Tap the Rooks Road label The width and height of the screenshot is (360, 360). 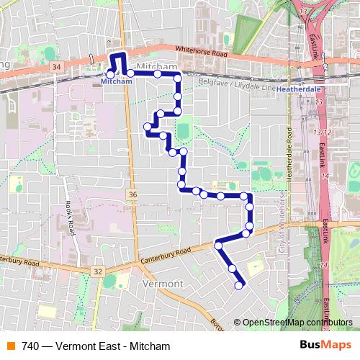(71, 217)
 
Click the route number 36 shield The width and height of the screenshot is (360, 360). (132, 194)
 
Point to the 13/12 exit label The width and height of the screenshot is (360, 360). (322, 132)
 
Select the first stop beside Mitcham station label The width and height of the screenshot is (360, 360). (110, 73)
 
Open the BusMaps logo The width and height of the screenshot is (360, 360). (321, 346)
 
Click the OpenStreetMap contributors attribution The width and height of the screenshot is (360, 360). (297, 322)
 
